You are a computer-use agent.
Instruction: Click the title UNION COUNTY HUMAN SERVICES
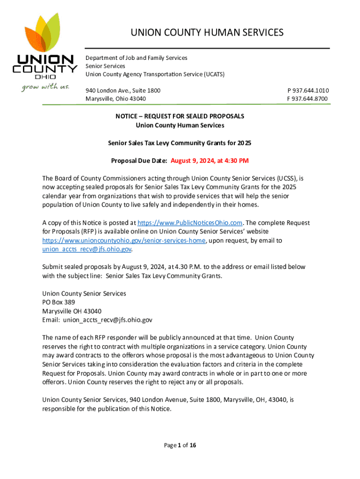[x=207, y=32]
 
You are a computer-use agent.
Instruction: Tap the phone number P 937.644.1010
[x=308, y=90]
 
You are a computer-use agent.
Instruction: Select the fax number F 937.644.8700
[x=307, y=99]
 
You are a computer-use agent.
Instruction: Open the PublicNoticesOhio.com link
[x=189, y=223]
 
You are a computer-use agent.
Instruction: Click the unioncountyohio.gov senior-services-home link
[x=124, y=240]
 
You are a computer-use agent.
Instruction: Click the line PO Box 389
[x=58, y=302]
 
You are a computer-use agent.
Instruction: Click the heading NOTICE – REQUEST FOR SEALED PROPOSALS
[x=180, y=116]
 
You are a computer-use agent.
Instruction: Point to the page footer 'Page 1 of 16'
[x=180, y=445]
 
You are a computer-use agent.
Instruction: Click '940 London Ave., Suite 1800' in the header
[x=122, y=90]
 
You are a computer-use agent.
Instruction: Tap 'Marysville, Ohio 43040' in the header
[x=115, y=99]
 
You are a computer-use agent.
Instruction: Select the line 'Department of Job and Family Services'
[x=136, y=58]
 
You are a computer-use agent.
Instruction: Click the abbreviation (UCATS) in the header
[x=214, y=74]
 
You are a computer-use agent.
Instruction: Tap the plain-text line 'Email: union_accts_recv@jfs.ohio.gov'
[x=97, y=320]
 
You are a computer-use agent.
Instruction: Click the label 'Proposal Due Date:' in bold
[x=139, y=161]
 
